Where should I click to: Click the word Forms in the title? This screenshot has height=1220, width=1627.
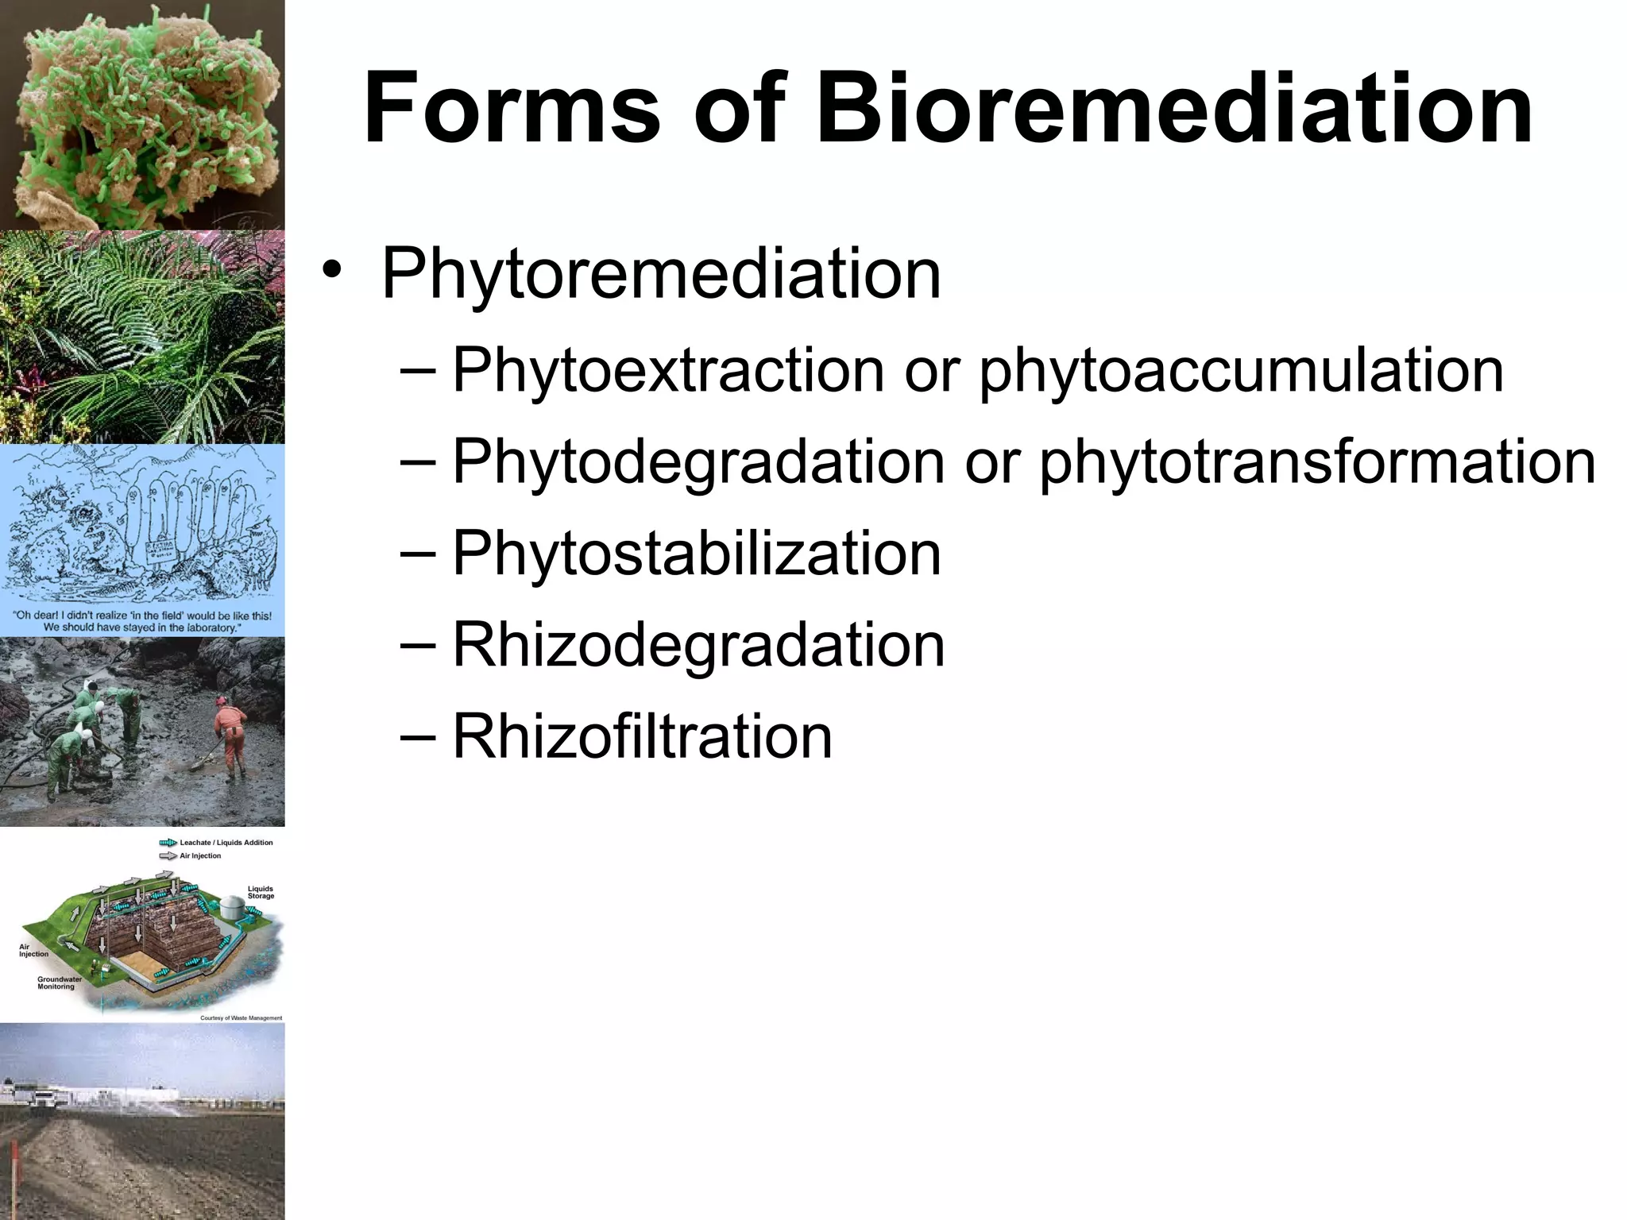(x=512, y=109)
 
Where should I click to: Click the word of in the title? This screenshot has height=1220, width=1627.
(x=738, y=109)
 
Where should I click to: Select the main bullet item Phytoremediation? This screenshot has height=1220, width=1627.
(x=661, y=274)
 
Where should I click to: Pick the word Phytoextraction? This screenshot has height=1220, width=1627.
(x=668, y=371)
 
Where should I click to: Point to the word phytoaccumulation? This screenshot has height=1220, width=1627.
(x=1242, y=371)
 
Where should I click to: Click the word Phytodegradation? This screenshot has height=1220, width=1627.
(x=698, y=461)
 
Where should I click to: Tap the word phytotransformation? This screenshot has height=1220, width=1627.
(x=1317, y=461)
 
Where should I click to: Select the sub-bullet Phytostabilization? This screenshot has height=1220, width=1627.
(x=697, y=554)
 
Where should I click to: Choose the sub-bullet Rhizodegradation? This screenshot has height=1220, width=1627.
(x=698, y=645)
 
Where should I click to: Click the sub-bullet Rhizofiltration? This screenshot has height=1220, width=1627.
(x=642, y=736)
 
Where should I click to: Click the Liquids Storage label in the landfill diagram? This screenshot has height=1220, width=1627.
(x=261, y=892)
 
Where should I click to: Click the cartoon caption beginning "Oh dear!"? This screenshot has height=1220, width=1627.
(x=142, y=621)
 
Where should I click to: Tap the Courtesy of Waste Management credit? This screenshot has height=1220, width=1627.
(x=241, y=1017)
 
